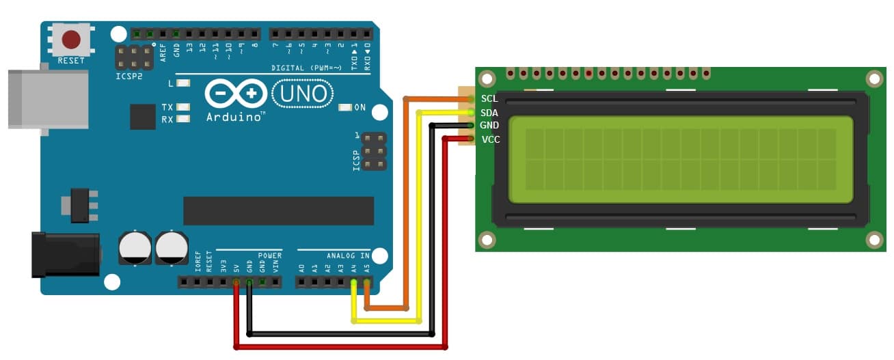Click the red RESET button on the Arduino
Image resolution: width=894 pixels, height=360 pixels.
pos(71,40)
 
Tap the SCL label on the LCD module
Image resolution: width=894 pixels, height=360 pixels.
pos(489,98)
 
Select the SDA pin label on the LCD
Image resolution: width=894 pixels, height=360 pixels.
pos(489,112)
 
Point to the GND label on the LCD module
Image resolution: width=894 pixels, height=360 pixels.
pos(489,126)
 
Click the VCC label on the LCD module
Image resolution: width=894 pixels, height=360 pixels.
pos(490,139)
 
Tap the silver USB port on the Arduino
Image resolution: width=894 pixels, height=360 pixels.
pos(48,99)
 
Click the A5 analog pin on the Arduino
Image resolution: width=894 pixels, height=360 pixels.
pos(367,281)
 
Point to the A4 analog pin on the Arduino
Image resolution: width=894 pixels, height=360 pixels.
pos(354,281)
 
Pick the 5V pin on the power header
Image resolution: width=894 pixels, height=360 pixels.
pos(236,281)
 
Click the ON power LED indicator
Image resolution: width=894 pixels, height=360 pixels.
pos(345,107)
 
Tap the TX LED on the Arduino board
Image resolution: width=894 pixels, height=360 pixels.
pos(182,107)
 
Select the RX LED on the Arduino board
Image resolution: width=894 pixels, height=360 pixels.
pos(182,120)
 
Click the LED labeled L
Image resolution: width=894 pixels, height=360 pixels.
pos(182,83)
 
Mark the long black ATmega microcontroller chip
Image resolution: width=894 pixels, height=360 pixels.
pos(278,210)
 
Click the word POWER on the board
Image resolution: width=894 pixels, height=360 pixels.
pos(270,255)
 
